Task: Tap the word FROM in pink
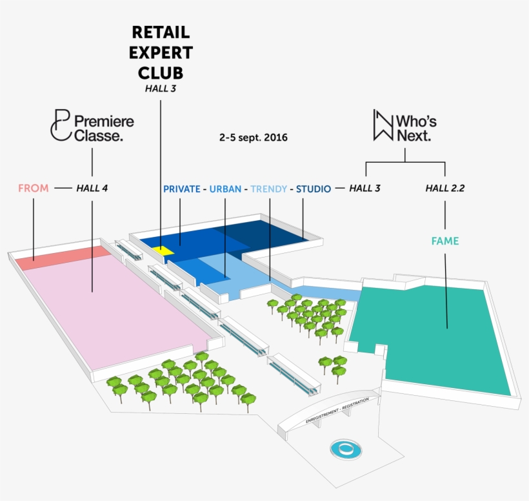click(x=33, y=189)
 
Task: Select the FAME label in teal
click(x=444, y=241)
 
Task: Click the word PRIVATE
click(x=181, y=189)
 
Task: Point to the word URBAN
click(x=225, y=189)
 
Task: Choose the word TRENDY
click(x=269, y=189)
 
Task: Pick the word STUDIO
click(x=314, y=189)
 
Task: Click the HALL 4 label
click(x=92, y=189)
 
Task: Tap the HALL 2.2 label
click(x=444, y=189)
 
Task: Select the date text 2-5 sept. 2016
click(x=253, y=138)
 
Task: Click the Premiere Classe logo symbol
click(x=59, y=124)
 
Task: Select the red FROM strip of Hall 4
click(x=61, y=257)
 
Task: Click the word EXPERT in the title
click(x=161, y=52)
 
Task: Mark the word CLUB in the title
click(x=161, y=72)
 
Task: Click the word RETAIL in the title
click(x=161, y=32)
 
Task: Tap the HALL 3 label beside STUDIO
click(x=364, y=189)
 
